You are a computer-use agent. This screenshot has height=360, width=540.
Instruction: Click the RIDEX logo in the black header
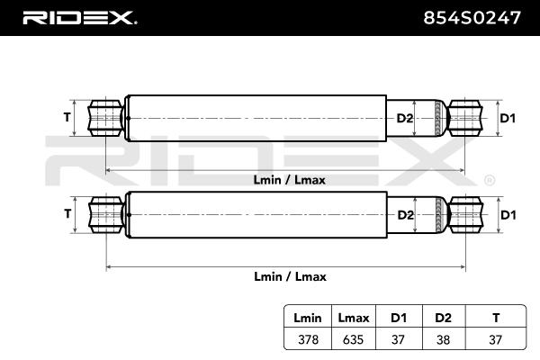(80, 18)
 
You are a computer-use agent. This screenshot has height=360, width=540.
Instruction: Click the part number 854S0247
(472, 18)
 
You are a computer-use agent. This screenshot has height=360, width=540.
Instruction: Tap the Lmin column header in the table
(308, 318)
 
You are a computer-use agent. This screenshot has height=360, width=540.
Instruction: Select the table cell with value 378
(308, 339)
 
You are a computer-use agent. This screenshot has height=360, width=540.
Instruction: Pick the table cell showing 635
(353, 339)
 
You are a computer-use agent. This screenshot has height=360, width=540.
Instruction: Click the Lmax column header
(354, 318)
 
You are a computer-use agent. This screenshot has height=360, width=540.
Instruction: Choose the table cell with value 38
(443, 339)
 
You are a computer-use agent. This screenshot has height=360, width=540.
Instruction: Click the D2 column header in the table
(443, 318)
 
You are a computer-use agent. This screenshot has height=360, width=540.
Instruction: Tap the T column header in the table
(496, 318)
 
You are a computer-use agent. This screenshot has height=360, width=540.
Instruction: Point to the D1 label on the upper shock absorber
(508, 118)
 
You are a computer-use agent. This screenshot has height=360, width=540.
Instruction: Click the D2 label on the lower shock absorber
(405, 215)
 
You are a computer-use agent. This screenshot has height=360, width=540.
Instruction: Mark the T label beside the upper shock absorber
(67, 118)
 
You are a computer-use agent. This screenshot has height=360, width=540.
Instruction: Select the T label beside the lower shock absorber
(67, 214)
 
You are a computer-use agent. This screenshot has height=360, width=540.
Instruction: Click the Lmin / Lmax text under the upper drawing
(289, 180)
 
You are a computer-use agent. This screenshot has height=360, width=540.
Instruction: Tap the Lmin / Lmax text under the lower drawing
(290, 276)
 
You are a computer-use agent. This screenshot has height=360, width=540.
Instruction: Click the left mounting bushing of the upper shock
(105, 118)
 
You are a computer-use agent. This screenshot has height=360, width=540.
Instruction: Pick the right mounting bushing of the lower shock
(465, 215)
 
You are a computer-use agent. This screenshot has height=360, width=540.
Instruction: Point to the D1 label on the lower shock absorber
(508, 215)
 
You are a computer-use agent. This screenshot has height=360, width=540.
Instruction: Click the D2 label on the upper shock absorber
(405, 118)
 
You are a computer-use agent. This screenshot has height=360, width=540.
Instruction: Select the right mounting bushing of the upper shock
(465, 118)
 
